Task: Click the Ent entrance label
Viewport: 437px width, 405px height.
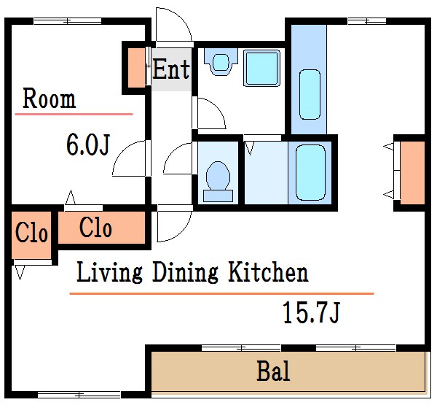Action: pos(171,69)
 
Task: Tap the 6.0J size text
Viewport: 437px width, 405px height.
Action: pos(88,144)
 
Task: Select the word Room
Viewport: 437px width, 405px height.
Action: pos(49,99)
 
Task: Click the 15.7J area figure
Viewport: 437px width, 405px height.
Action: pos(311,312)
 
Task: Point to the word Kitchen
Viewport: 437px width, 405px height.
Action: pos(268,271)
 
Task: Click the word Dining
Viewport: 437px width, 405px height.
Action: pos(185,272)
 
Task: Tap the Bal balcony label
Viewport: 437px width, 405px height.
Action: pos(273,371)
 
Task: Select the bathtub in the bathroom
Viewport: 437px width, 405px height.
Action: pos(310,173)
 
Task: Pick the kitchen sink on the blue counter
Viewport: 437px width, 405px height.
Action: pos(310,95)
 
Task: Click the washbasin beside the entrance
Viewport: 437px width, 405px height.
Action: pos(221,62)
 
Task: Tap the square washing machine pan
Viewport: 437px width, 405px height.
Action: pos(261,68)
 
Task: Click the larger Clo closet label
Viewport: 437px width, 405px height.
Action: pos(95,228)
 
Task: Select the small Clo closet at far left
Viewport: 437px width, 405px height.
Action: pos(31,235)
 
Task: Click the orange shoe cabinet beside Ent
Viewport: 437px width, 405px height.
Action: pos(136,68)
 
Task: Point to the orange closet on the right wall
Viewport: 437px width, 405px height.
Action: pos(412,173)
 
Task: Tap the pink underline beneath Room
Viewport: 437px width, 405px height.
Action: pos(74,114)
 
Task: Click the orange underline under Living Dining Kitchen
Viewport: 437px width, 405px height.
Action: pos(221,293)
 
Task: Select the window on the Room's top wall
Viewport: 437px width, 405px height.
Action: pos(68,21)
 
